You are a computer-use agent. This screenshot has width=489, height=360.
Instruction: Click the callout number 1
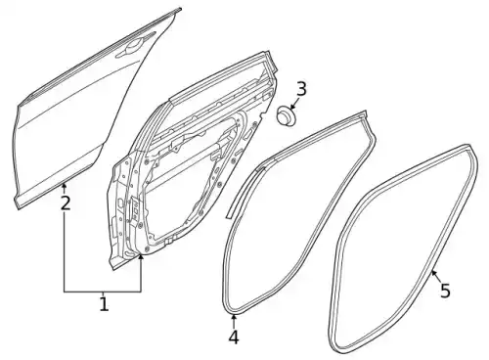[x=104, y=304]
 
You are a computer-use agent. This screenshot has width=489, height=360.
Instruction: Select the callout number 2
[x=66, y=203]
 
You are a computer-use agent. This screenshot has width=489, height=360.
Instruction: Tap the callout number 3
[x=301, y=89]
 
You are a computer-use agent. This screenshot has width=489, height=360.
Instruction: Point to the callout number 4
[x=234, y=337]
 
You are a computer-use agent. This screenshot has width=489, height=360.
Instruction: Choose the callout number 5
[x=445, y=291]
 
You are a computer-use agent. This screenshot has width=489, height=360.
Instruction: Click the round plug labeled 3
[x=287, y=116]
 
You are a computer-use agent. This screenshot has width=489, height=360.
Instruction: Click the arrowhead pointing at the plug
[x=291, y=107]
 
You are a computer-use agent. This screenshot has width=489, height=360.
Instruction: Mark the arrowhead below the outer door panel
[x=65, y=186]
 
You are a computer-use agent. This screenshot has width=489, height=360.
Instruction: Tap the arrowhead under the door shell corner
[x=141, y=257]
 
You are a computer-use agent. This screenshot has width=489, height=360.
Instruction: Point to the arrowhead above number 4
[x=234, y=318]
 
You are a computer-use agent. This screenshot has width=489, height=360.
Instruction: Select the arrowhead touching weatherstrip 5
[x=432, y=273]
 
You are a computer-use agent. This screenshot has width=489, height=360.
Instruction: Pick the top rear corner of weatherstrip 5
[x=470, y=146]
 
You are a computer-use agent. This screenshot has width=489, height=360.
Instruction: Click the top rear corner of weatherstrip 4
[x=366, y=114]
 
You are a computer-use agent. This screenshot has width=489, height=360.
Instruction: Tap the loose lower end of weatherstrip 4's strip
[x=229, y=215]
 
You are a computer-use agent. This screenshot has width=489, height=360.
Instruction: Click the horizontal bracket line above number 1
[x=103, y=292]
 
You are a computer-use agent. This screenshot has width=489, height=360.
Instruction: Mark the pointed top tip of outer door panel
[x=180, y=9]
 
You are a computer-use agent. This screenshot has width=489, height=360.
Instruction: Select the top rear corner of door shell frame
[x=268, y=52]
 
